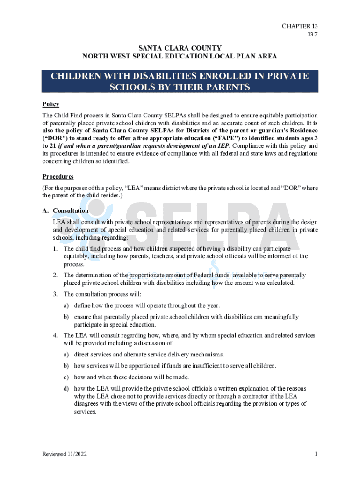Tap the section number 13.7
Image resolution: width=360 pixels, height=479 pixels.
coord(312,35)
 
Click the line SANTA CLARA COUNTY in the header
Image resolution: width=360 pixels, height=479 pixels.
coord(180,48)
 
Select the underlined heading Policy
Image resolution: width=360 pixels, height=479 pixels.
coord(50,104)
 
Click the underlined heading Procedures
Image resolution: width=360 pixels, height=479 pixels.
coord(58,177)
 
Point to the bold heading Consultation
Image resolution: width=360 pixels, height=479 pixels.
coord(71,210)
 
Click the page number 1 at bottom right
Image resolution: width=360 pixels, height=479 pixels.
coord(316,454)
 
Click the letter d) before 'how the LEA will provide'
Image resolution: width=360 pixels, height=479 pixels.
coord(67,389)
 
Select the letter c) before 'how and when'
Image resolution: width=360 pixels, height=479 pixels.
coord(67,377)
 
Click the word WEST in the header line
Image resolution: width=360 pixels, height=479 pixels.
coord(121,57)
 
